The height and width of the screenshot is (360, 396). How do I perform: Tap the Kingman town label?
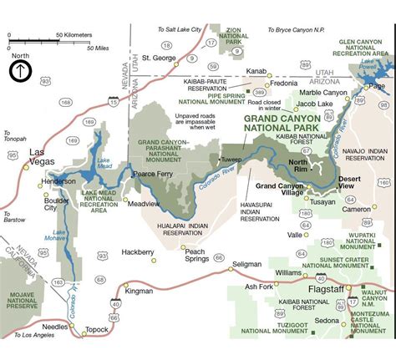pos(139,291)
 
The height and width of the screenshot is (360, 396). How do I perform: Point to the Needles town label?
pos(56,327)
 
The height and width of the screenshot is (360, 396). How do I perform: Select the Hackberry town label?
pos(138,251)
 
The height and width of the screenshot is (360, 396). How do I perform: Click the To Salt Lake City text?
pos(180,29)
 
